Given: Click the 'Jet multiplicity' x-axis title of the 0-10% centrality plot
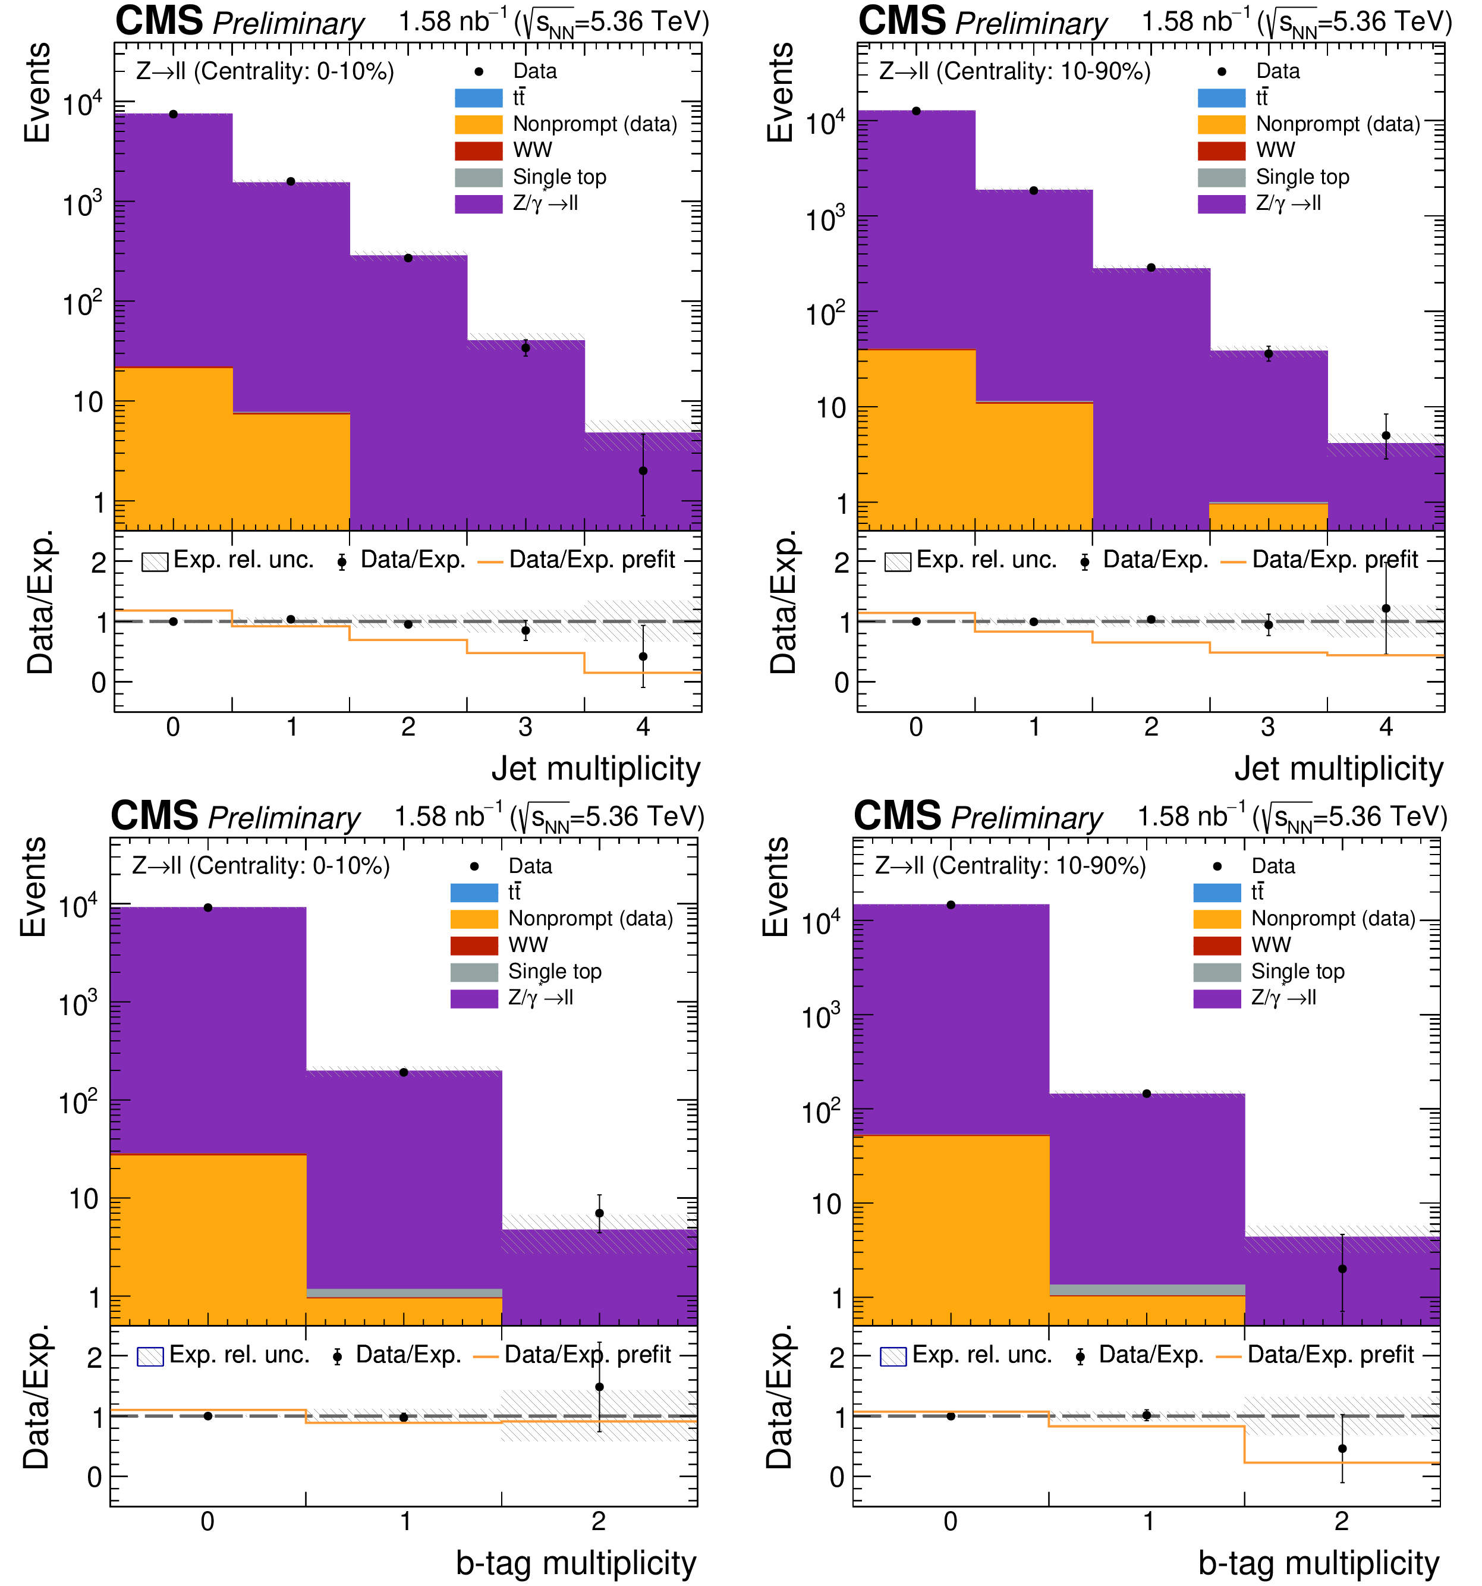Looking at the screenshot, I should [595, 768].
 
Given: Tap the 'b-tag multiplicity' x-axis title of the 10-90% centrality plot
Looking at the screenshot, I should [1319, 1563].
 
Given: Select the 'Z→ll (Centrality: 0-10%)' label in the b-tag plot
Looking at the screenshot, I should [261, 866].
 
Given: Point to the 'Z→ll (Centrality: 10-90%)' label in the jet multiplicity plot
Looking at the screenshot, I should [1015, 71].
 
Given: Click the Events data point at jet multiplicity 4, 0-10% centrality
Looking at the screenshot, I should [643, 471].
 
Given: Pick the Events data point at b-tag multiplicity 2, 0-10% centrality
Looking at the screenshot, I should [599, 1213].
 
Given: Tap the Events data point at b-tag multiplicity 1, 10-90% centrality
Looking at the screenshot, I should [1146, 1094].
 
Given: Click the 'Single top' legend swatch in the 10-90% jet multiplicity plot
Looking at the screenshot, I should [1220, 177].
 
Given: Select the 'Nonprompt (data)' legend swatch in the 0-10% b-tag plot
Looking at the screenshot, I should [474, 919].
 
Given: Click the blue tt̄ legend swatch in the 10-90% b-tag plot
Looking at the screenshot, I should [1216, 893].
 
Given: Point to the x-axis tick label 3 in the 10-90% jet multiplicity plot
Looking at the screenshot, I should [1267, 727].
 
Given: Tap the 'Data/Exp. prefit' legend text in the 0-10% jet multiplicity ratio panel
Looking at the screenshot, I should [592, 560].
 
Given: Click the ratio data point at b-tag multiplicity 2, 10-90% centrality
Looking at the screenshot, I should [1342, 1449].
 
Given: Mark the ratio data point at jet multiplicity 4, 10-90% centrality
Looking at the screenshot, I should [1386, 609].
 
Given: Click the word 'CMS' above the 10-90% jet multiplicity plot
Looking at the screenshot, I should [901, 21].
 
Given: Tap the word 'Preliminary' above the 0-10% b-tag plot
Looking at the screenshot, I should [284, 818].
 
